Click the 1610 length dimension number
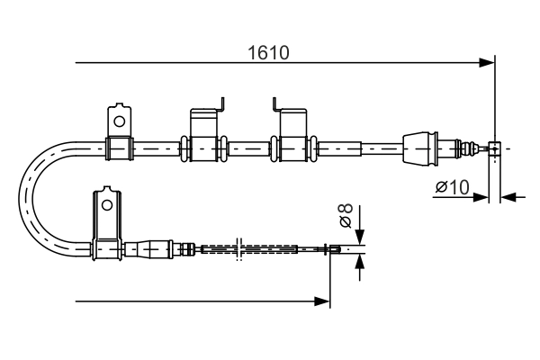tap(267, 53)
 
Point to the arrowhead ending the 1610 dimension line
tap(487, 63)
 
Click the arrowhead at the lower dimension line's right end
tap(323, 301)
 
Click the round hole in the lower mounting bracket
tap(106, 204)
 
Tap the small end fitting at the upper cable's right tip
tap(493, 147)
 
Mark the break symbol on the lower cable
tap(238, 249)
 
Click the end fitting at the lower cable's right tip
tap(334, 249)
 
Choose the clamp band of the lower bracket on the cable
tap(107, 248)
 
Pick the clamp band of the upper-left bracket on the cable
tap(119, 147)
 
